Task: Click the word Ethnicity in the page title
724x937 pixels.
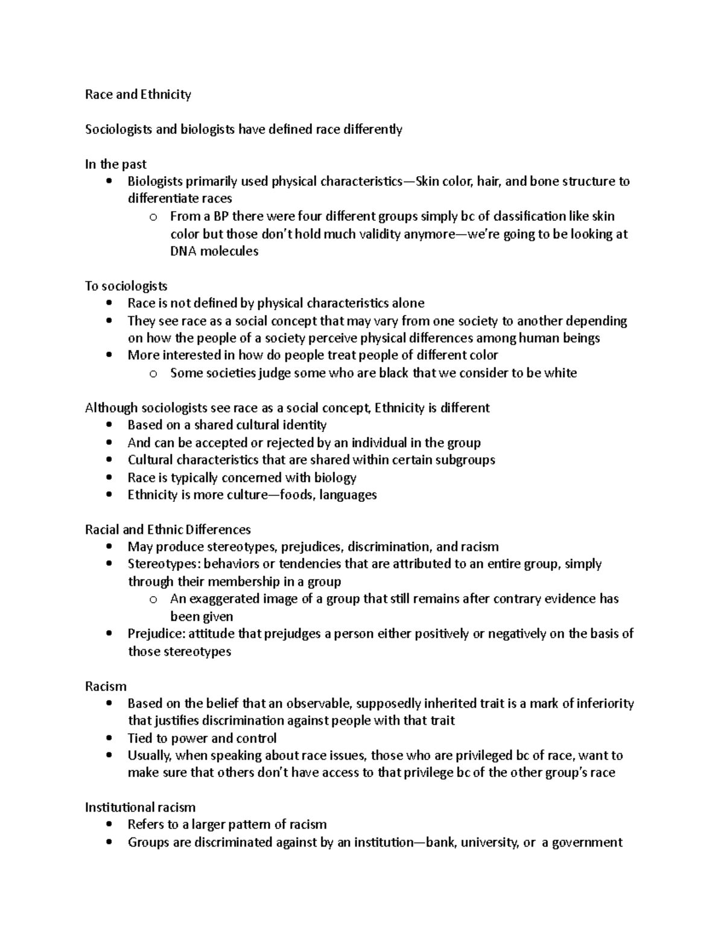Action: pos(165,94)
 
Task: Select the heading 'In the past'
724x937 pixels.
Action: pos(116,164)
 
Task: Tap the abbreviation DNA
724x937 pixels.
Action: pos(183,251)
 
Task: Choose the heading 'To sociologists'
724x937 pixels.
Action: pos(126,286)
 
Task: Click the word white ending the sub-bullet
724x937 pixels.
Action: pos(560,373)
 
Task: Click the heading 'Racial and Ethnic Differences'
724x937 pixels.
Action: pos(168,530)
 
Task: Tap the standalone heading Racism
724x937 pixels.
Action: pos(106,687)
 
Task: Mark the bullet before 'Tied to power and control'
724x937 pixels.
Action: pos(109,738)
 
